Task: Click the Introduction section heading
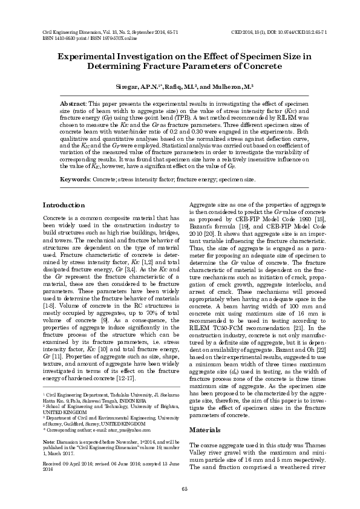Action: [x=64, y=206]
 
